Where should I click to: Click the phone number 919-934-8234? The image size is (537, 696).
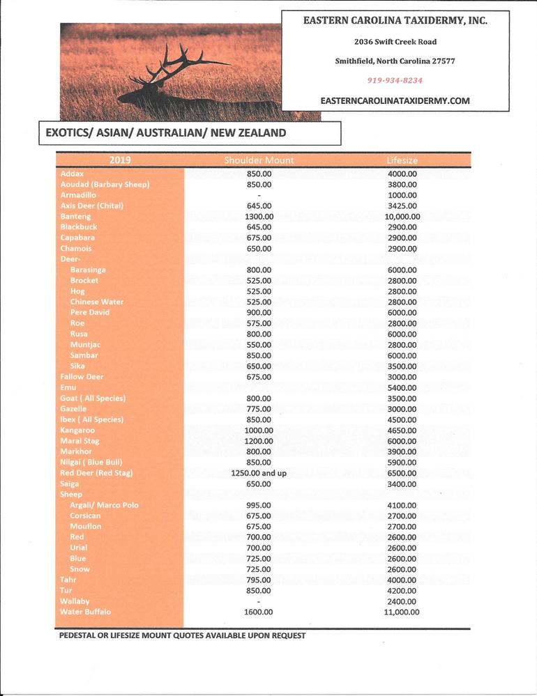tap(395, 80)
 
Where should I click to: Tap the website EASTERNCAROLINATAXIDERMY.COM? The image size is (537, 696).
tap(395, 100)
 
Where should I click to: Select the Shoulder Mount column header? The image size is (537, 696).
tap(259, 160)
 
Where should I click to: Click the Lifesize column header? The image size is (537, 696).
tap(402, 160)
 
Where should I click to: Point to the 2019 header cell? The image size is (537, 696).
tap(120, 160)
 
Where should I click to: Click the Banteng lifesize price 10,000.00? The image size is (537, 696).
tap(402, 217)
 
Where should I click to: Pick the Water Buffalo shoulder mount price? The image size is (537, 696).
tap(259, 612)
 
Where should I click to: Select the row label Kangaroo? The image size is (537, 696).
tap(78, 431)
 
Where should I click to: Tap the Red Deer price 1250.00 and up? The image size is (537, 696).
tap(259, 473)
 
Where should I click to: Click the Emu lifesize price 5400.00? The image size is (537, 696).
tap(402, 387)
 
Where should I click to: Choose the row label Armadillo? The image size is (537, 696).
tap(78, 195)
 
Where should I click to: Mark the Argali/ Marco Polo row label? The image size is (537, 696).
tap(105, 505)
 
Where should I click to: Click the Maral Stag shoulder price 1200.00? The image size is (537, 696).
tap(259, 441)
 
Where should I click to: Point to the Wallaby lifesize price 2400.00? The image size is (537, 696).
tap(402, 601)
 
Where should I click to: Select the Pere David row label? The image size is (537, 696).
tap(90, 313)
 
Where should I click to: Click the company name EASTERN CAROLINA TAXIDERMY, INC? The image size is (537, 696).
tap(395, 21)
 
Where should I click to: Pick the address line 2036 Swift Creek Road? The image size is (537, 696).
tap(395, 42)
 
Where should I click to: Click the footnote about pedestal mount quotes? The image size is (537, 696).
tap(182, 635)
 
